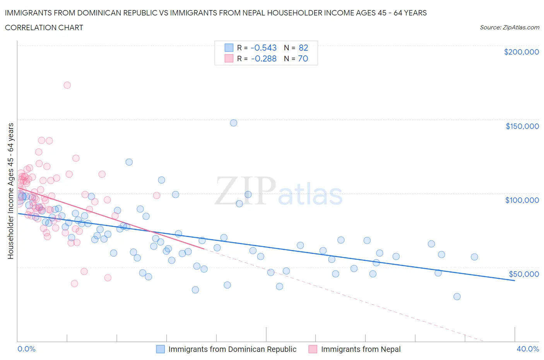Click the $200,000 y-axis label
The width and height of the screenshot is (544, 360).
[x=521, y=52]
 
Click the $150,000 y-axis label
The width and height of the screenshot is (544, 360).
[x=522, y=126]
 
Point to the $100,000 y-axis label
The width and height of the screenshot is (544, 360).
[x=522, y=200]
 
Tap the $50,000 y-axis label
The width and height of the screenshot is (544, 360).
[x=523, y=274]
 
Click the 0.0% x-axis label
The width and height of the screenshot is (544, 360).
[x=26, y=349]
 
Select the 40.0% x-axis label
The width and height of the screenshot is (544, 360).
[x=528, y=349]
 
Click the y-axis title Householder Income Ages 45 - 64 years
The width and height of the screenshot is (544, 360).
[x=10, y=191]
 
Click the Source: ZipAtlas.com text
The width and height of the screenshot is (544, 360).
[x=509, y=27]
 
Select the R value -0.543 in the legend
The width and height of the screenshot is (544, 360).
[x=263, y=48]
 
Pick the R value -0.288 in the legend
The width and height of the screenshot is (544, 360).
[x=263, y=58]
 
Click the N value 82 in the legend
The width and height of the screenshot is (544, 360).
[x=303, y=48]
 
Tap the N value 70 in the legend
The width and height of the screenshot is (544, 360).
[x=303, y=58]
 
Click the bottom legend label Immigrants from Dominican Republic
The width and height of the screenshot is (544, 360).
[x=232, y=349]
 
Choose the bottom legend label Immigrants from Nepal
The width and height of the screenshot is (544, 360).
[x=361, y=349]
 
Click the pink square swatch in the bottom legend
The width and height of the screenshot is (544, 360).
[x=313, y=349]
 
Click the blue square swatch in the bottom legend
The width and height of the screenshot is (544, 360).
[x=160, y=349]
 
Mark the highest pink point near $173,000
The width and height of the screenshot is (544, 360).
[x=67, y=85]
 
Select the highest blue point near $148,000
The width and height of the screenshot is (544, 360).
[x=233, y=123]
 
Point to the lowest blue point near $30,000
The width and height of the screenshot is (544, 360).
[x=457, y=297]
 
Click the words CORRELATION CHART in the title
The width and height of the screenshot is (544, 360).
[x=44, y=27]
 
